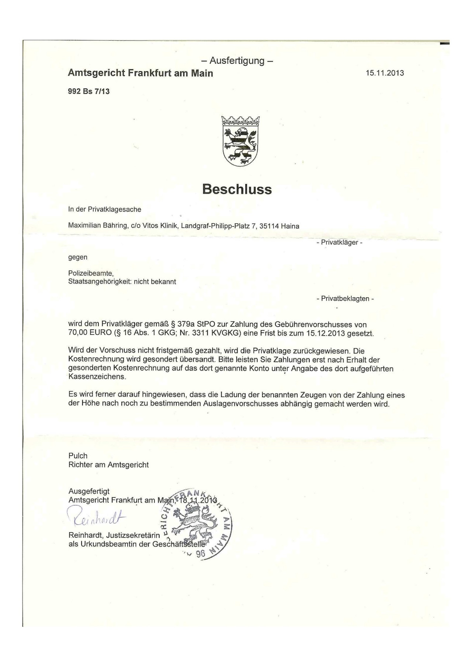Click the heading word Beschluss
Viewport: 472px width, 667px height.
(237, 189)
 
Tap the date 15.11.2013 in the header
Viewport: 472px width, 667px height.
(385, 73)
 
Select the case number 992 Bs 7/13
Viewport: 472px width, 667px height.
(89, 91)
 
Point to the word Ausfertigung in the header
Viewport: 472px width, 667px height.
(237, 60)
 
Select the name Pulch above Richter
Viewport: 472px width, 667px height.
(78, 456)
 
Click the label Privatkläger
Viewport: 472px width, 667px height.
(339, 242)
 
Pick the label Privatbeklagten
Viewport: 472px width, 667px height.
(345, 299)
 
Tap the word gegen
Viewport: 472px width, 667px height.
(78, 257)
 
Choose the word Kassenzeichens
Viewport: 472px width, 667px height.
(97, 377)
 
